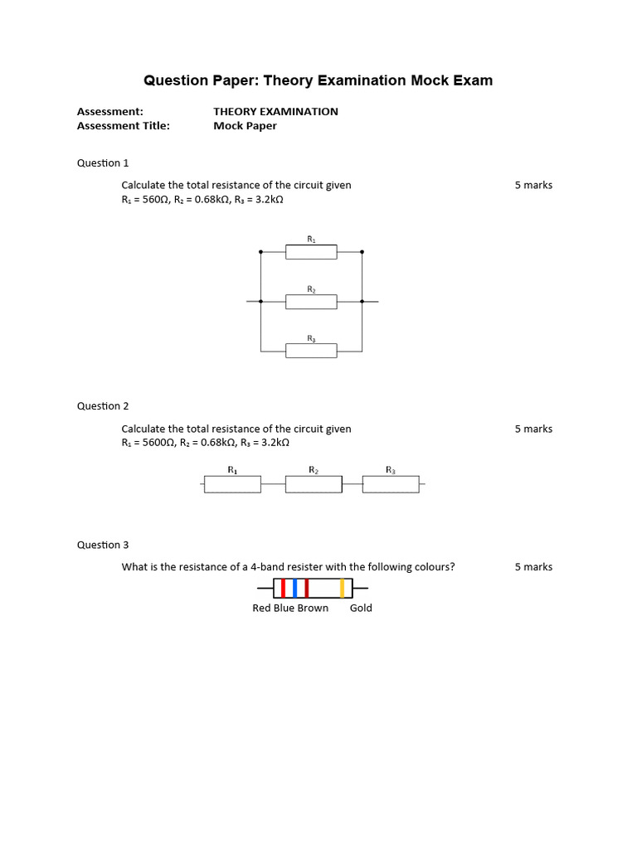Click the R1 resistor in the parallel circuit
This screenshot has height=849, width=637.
[311, 252]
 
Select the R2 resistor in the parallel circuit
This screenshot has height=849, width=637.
[311, 302]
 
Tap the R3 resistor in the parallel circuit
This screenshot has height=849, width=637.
[311, 351]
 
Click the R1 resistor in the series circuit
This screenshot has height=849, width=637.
[232, 484]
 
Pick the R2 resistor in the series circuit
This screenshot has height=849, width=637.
[314, 484]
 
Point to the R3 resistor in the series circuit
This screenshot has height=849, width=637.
[391, 484]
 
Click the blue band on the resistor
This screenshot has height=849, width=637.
[295, 589]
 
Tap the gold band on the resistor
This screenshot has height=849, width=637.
[342, 589]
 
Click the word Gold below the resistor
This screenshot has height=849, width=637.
[361, 608]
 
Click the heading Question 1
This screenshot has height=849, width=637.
[103, 163]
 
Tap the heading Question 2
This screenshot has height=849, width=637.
[103, 406]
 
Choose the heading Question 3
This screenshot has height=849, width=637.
[103, 545]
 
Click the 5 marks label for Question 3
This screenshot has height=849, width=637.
[533, 567]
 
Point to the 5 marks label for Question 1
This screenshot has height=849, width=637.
[533, 185]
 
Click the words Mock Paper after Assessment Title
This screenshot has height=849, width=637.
[245, 126]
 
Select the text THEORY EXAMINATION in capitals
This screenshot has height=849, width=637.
[275, 111]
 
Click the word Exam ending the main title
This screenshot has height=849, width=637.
[472, 80]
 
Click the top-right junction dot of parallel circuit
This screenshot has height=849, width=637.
[362, 251]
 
